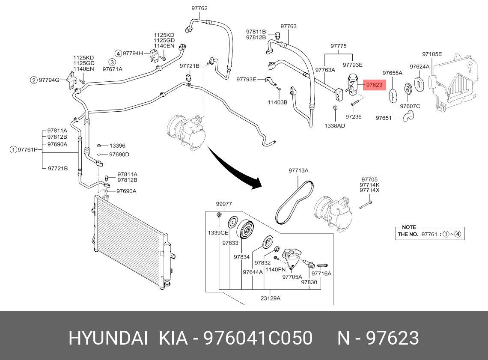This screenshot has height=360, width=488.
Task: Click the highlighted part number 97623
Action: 374,85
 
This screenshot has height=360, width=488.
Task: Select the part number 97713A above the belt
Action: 298,170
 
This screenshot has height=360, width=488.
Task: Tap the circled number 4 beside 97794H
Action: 118,54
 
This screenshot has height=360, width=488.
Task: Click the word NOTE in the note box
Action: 409,227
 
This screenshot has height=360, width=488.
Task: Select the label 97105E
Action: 432,54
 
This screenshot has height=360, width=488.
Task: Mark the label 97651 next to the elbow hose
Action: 384,118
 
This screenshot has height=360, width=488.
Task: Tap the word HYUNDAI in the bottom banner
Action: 108,338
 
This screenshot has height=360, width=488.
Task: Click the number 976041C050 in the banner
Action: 258,338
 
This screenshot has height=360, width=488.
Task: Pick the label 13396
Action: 117,146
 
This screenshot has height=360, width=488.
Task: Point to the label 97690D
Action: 119,155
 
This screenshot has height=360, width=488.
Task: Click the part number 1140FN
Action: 275,270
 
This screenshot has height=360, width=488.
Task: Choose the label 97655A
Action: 393,73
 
